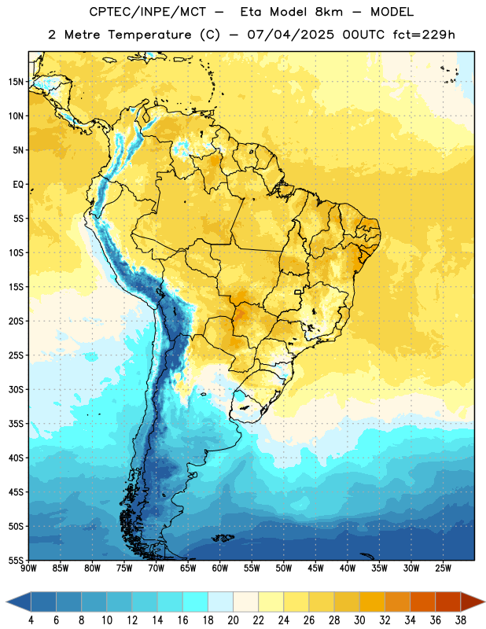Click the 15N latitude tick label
point(16,82)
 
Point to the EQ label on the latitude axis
point(18,185)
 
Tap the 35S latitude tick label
point(16,424)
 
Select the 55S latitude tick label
point(16,560)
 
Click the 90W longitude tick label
point(28,568)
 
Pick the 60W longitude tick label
point(220,568)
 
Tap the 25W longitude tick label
point(443,568)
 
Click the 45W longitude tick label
point(315,568)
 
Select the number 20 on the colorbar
point(233,620)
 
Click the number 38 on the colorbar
point(460,620)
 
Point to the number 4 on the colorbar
point(31,620)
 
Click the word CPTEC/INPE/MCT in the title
point(147,12)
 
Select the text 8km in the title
point(328,12)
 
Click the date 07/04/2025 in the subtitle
point(290,35)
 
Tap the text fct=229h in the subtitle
point(424,35)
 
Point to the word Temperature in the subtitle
point(149,35)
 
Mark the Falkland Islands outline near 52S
point(223,538)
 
